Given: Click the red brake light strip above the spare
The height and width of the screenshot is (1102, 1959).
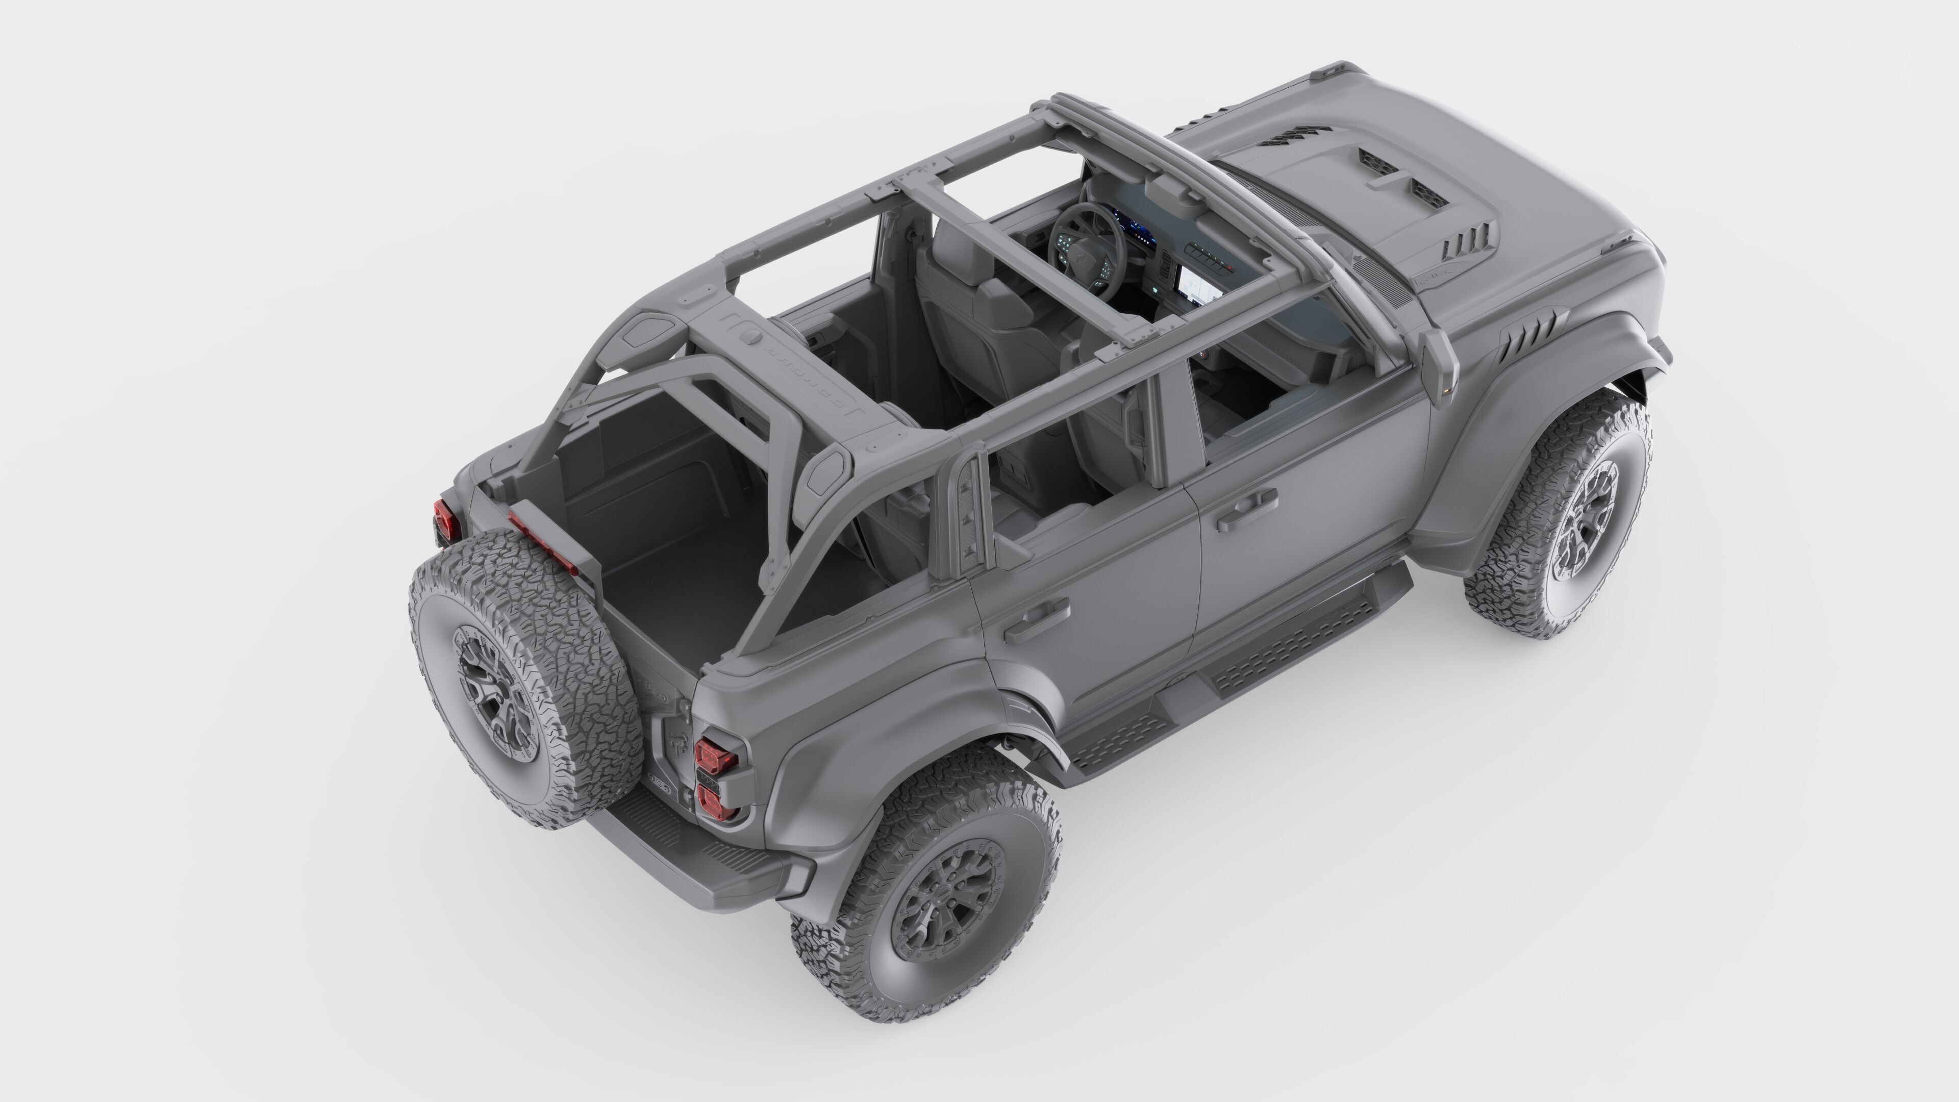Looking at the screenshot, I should click(x=541, y=538).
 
